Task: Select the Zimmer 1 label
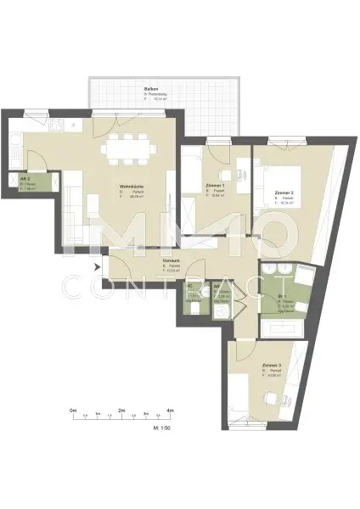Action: (x=216, y=185)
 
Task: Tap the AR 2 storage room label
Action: (x=26, y=180)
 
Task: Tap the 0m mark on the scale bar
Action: (x=74, y=411)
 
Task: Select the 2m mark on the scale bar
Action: (x=122, y=411)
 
